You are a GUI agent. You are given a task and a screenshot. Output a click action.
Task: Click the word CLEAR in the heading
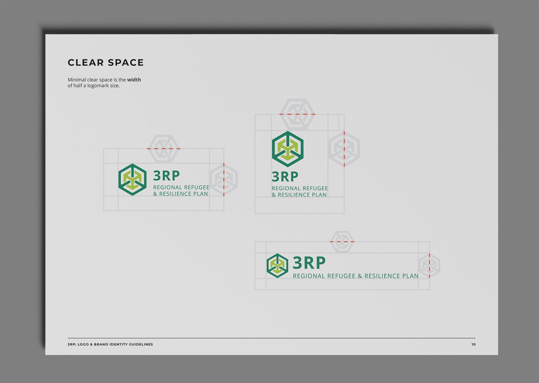[x=86, y=63]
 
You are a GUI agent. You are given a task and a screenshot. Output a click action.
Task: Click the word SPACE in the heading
[x=126, y=63]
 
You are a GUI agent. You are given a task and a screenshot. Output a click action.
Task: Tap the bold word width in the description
[x=134, y=79]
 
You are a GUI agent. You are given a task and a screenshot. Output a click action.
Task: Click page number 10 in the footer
[x=473, y=344]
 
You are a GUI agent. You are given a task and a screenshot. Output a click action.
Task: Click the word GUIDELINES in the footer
[x=141, y=344]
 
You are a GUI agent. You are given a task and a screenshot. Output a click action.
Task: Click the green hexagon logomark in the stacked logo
[x=288, y=149]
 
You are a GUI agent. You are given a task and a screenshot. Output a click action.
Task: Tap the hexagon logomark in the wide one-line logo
[x=277, y=266]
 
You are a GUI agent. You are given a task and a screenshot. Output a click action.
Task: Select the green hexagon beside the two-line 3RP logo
[x=132, y=179]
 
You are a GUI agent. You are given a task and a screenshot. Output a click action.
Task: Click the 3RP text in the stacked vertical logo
[x=285, y=176]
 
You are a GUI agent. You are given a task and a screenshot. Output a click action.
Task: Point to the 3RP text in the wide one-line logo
[x=309, y=262]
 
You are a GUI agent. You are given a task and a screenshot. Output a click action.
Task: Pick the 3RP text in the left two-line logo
[x=166, y=176]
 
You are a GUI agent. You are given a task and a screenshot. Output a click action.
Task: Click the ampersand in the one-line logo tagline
[x=360, y=276]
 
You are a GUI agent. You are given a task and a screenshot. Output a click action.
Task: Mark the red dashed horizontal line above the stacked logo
[x=297, y=114]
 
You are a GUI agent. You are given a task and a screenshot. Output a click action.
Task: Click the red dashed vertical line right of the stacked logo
[x=344, y=149]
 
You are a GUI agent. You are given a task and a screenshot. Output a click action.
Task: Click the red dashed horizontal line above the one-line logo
[x=342, y=242]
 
